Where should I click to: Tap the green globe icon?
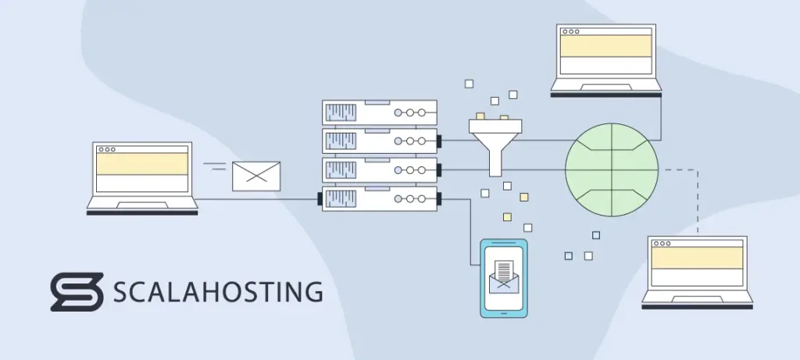tap(612, 169)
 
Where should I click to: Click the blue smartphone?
tap(503, 277)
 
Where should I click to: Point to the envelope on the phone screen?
tap(503, 276)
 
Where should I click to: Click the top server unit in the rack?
tap(379, 112)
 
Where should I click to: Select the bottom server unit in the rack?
tap(379, 198)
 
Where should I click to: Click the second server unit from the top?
tap(379, 141)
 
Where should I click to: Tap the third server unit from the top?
tap(379, 169)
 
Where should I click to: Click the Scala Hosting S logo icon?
tap(77, 292)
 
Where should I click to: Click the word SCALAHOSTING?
tap(217, 292)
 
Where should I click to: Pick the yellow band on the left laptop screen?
tap(141, 163)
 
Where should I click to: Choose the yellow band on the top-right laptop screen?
tap(605, 46)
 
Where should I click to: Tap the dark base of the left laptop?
tap(141, 212)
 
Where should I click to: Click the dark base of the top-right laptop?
tap(605, 94)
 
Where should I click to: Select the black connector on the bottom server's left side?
tap(320, 199)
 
